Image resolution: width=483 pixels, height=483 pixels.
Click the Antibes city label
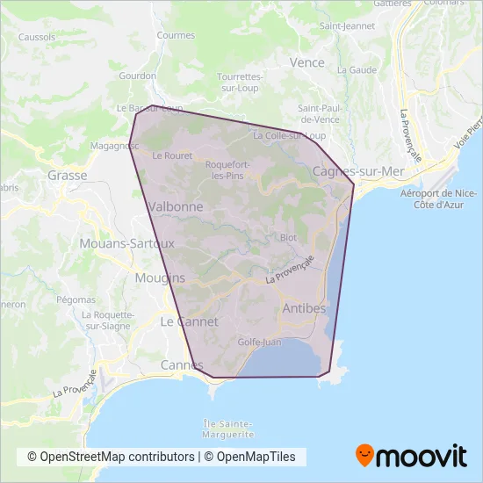[304, 308]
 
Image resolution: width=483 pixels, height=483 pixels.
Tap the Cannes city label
[182, 364]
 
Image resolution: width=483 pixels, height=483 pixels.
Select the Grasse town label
[68, 175]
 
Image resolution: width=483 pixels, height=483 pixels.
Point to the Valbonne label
[177, 206]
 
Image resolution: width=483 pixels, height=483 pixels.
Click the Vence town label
[306, 63]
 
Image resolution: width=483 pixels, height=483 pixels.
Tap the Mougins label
[161, 278]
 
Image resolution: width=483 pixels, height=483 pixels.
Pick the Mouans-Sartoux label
[127, 243]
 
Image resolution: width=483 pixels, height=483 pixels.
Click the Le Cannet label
[183, 321]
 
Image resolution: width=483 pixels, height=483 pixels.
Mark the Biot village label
[288, 238]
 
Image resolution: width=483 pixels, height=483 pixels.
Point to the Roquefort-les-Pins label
[229, 169]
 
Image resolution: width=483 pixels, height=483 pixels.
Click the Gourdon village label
[138, 76]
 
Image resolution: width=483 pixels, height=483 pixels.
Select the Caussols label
[36, 38]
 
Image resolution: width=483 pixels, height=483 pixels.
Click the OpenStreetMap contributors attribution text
[111, 457]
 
